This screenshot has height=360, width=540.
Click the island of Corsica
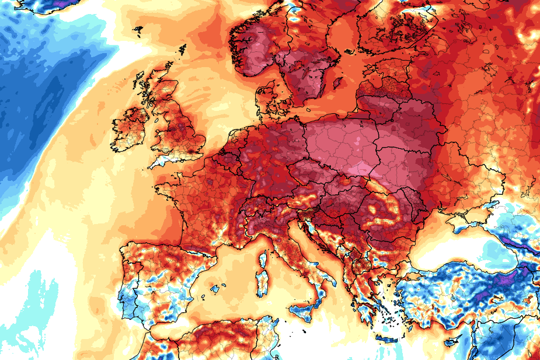point(263,259)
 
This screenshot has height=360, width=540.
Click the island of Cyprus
point(452,340)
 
